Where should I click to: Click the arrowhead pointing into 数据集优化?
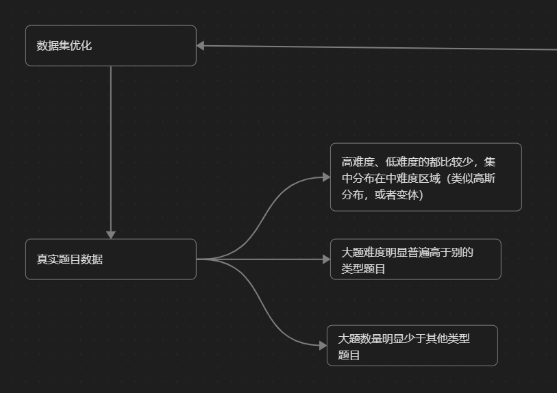click(x=201, y=46)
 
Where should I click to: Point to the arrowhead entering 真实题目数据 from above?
click(x=110, y=234)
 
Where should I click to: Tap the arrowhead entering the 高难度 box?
click(x=326, y=177)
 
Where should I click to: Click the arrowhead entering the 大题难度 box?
click(x=326, y=259)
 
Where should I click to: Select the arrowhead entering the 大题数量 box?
click(x=323, y=346)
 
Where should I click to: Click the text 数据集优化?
click(x=64, y=46)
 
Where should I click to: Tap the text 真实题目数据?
click(x=70, y=259)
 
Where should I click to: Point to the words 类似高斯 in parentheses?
click(x=474, y=179)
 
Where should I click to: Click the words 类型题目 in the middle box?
click(x=364, y=269)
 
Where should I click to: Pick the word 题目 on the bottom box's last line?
click(x=349, y=355)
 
